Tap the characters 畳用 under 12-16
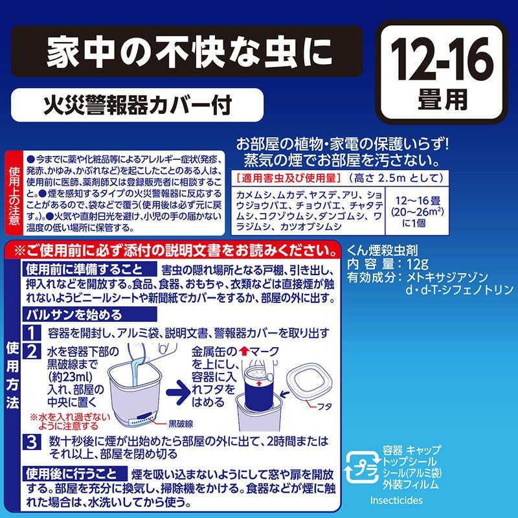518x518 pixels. pos(441,100)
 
